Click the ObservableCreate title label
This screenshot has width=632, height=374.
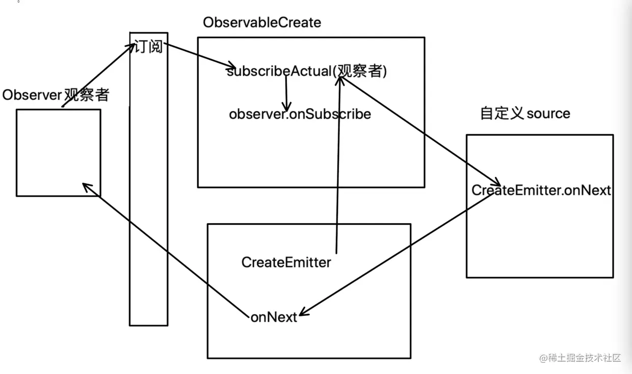[x=262, y=22]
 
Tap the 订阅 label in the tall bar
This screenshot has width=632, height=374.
[x=148, y=46]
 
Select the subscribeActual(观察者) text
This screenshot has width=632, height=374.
[x=307, y=71]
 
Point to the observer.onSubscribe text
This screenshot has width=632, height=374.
[x=300, y=114]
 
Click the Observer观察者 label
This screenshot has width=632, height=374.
[x=56, y=95]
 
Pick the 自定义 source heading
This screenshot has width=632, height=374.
[x=525, y=113]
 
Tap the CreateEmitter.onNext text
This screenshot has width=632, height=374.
[x=541, y=191]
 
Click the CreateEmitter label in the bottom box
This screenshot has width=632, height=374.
[x=286, y=262]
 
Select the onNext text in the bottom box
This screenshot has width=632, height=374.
[x=274, y=317]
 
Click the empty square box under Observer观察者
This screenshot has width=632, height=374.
[x=58, y=153]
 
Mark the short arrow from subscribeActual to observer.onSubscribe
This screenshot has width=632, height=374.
[x=286, y=94]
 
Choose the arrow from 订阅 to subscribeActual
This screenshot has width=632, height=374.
[x=199, y=56]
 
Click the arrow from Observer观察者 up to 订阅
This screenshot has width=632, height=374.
[x=97, y=76]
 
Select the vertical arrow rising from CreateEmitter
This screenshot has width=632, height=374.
[x=337, y=168]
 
